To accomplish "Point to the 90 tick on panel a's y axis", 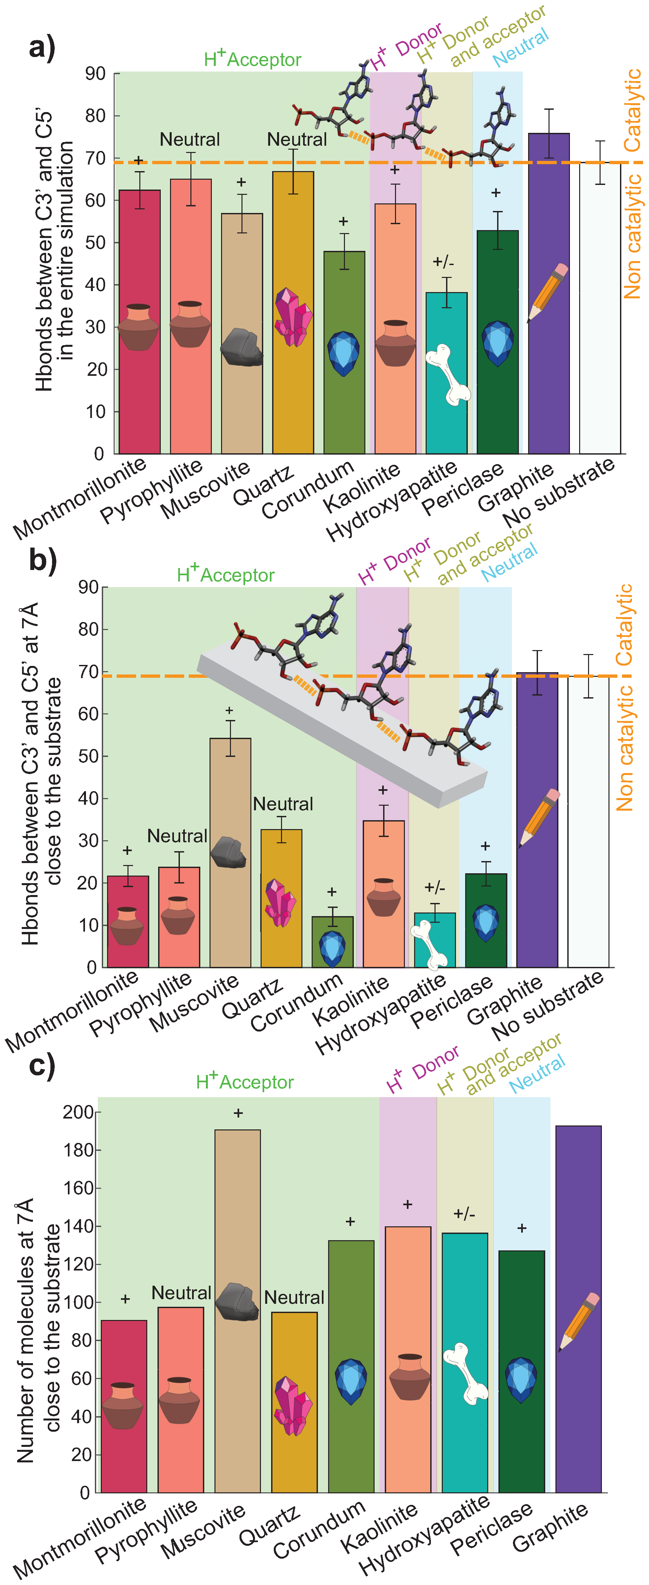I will tap(95, 74).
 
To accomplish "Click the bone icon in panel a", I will tap(448, 374).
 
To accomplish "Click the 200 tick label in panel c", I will tap(78, 1112).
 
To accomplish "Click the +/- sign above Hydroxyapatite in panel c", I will tap(464, 1214).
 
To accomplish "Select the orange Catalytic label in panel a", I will tap(633, 111).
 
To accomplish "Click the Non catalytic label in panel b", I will tap(624, 748).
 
